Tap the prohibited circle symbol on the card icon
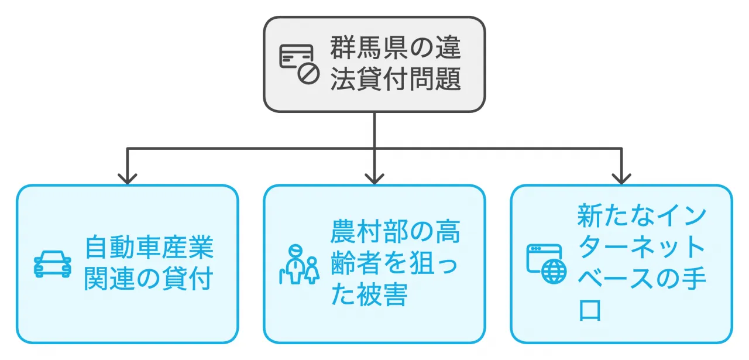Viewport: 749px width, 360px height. point(308,73)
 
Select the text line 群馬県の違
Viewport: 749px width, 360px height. point(396,48)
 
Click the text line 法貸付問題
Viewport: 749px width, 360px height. point(396,79)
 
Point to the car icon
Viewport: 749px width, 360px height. point(53,264)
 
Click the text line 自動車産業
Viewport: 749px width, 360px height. point(149,248)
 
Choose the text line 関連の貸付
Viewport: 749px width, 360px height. point(149,279)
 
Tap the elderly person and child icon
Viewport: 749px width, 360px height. point(298,264)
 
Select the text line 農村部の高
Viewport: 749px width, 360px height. point(396,232)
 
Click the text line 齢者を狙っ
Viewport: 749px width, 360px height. point(396,264)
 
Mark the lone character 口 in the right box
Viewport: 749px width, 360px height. point(589,311)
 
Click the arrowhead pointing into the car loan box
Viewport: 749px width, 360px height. point(127,178)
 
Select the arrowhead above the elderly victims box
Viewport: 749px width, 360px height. point(374,178)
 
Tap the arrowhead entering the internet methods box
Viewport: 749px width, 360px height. point(621,178)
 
